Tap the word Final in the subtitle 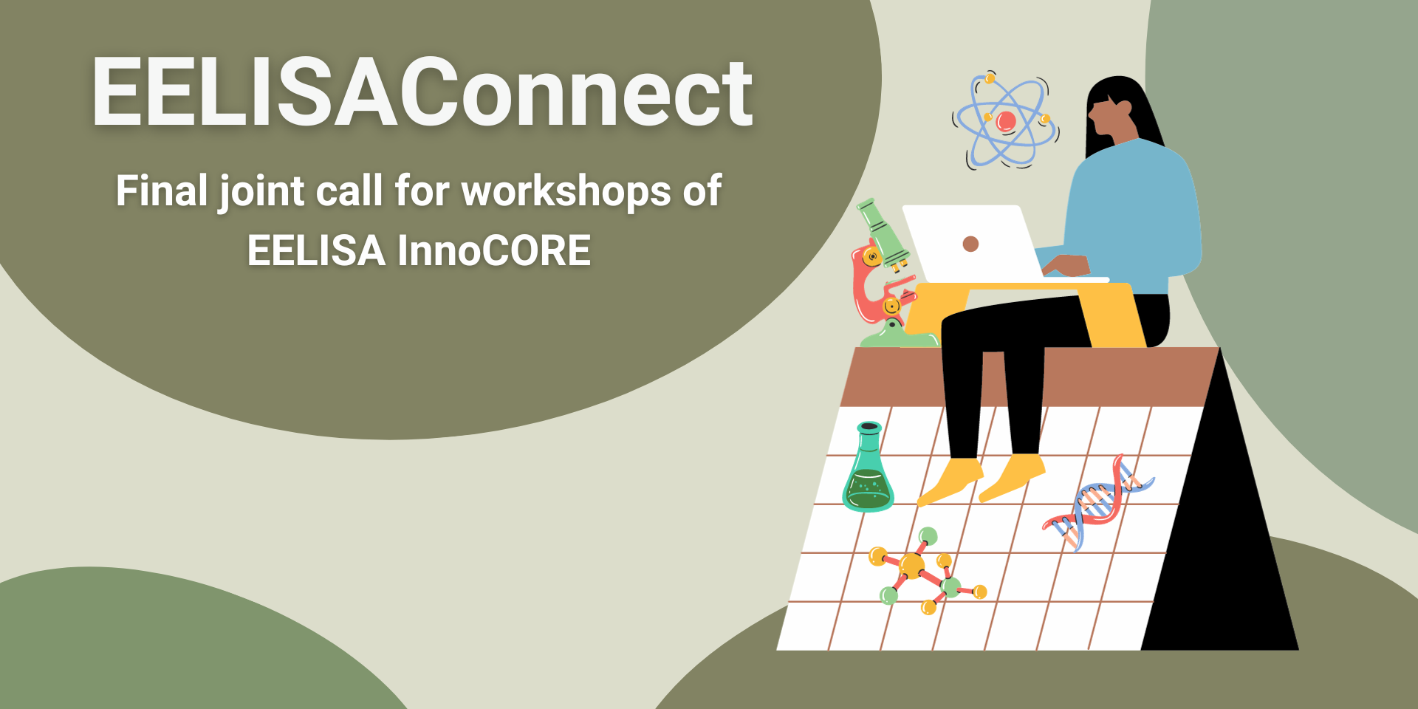click(x=162, y=191)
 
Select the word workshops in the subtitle click(x=566, y=191)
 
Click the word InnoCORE click(x=494, y=250)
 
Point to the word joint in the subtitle click(x=261, y=192)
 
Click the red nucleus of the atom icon click(x=1005, y=120)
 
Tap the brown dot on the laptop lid click(x=971, y=244)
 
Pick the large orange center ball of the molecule click(x=912, y=566)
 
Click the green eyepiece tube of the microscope click(x=883, y=230)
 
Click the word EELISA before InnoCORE click(x=316, y=250)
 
